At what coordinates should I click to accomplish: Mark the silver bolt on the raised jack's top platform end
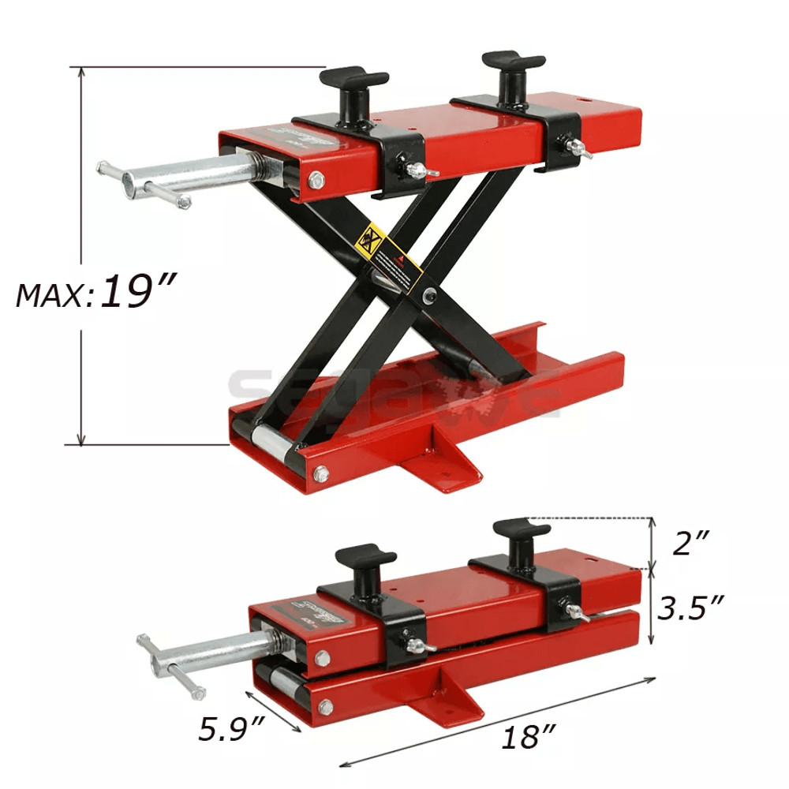click(315, 182)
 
